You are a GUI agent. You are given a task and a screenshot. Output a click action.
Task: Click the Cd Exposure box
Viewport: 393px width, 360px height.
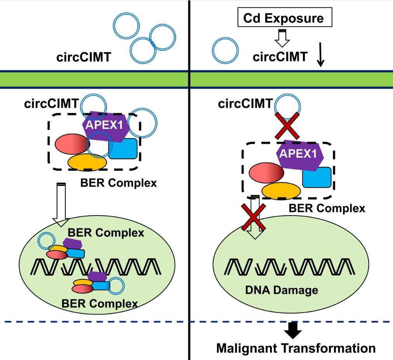(x=284, y=18)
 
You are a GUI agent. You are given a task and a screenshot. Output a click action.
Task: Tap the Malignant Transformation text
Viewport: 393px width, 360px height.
(x=296, y=348)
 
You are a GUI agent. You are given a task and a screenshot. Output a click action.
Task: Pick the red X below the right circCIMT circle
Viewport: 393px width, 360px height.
(x=287, y=125)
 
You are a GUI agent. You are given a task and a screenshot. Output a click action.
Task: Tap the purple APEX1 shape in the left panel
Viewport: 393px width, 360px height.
(x=104, y=125)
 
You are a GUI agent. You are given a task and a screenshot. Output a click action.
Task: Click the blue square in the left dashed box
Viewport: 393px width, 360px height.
(x=123, y=149)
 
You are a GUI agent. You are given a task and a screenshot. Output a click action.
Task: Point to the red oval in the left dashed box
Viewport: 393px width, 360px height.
(x=72, y=144)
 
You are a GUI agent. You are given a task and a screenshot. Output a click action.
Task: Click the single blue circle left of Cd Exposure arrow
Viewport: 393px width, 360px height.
(x=225, y=52)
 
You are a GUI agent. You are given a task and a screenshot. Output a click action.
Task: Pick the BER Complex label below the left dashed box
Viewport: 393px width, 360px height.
(x=118, y=182)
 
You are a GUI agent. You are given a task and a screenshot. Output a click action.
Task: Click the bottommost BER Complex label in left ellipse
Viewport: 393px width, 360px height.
(x=99, y=303)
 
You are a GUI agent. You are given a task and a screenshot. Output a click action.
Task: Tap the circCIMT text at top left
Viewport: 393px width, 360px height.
(x=83, y=58)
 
